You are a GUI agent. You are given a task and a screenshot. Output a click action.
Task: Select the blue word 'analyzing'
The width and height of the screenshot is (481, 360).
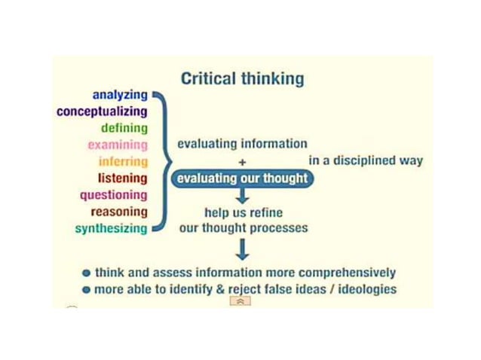click(x=120, y=96)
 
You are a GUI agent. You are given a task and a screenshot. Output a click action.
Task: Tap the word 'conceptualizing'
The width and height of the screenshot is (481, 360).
click(x=102, y=112)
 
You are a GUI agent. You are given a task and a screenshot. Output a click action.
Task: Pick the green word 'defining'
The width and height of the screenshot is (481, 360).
click(x=124, y=129)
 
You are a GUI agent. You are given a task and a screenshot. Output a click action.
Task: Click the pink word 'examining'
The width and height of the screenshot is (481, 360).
click(x=117, y=145)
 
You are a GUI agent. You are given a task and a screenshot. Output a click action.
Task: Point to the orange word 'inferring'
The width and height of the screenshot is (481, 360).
click(x=123, y=162)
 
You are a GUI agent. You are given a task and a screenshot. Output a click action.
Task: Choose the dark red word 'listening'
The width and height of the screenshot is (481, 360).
click(x=122, y=178)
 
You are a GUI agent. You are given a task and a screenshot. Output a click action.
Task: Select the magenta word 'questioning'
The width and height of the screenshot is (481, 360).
click(x=114, y=195)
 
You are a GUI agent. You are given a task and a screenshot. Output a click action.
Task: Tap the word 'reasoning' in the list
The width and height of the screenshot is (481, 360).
click(x=119, y=212)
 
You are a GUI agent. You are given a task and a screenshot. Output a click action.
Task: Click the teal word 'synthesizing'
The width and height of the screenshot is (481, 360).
click(x=111, y=229)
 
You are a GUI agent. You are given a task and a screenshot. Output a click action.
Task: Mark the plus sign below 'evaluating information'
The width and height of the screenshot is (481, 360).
click(x=242, y=161)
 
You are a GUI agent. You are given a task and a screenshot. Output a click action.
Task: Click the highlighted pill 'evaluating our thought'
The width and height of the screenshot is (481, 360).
click(x=242, y=178)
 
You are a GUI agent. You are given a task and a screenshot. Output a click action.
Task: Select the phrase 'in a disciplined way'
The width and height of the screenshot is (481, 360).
click(x=366, y=160)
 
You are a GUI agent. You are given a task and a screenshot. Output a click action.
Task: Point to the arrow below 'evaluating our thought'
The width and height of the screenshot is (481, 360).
click(x=242, y=197)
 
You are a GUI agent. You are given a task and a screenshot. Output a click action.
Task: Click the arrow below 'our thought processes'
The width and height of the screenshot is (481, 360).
click(x=242, y=249)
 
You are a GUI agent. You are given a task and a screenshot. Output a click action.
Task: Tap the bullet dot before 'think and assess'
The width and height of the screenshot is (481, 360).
click(x=87, y=273)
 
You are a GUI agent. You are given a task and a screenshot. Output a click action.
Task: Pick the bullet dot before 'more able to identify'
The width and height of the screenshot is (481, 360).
click(x=87, y=290)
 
